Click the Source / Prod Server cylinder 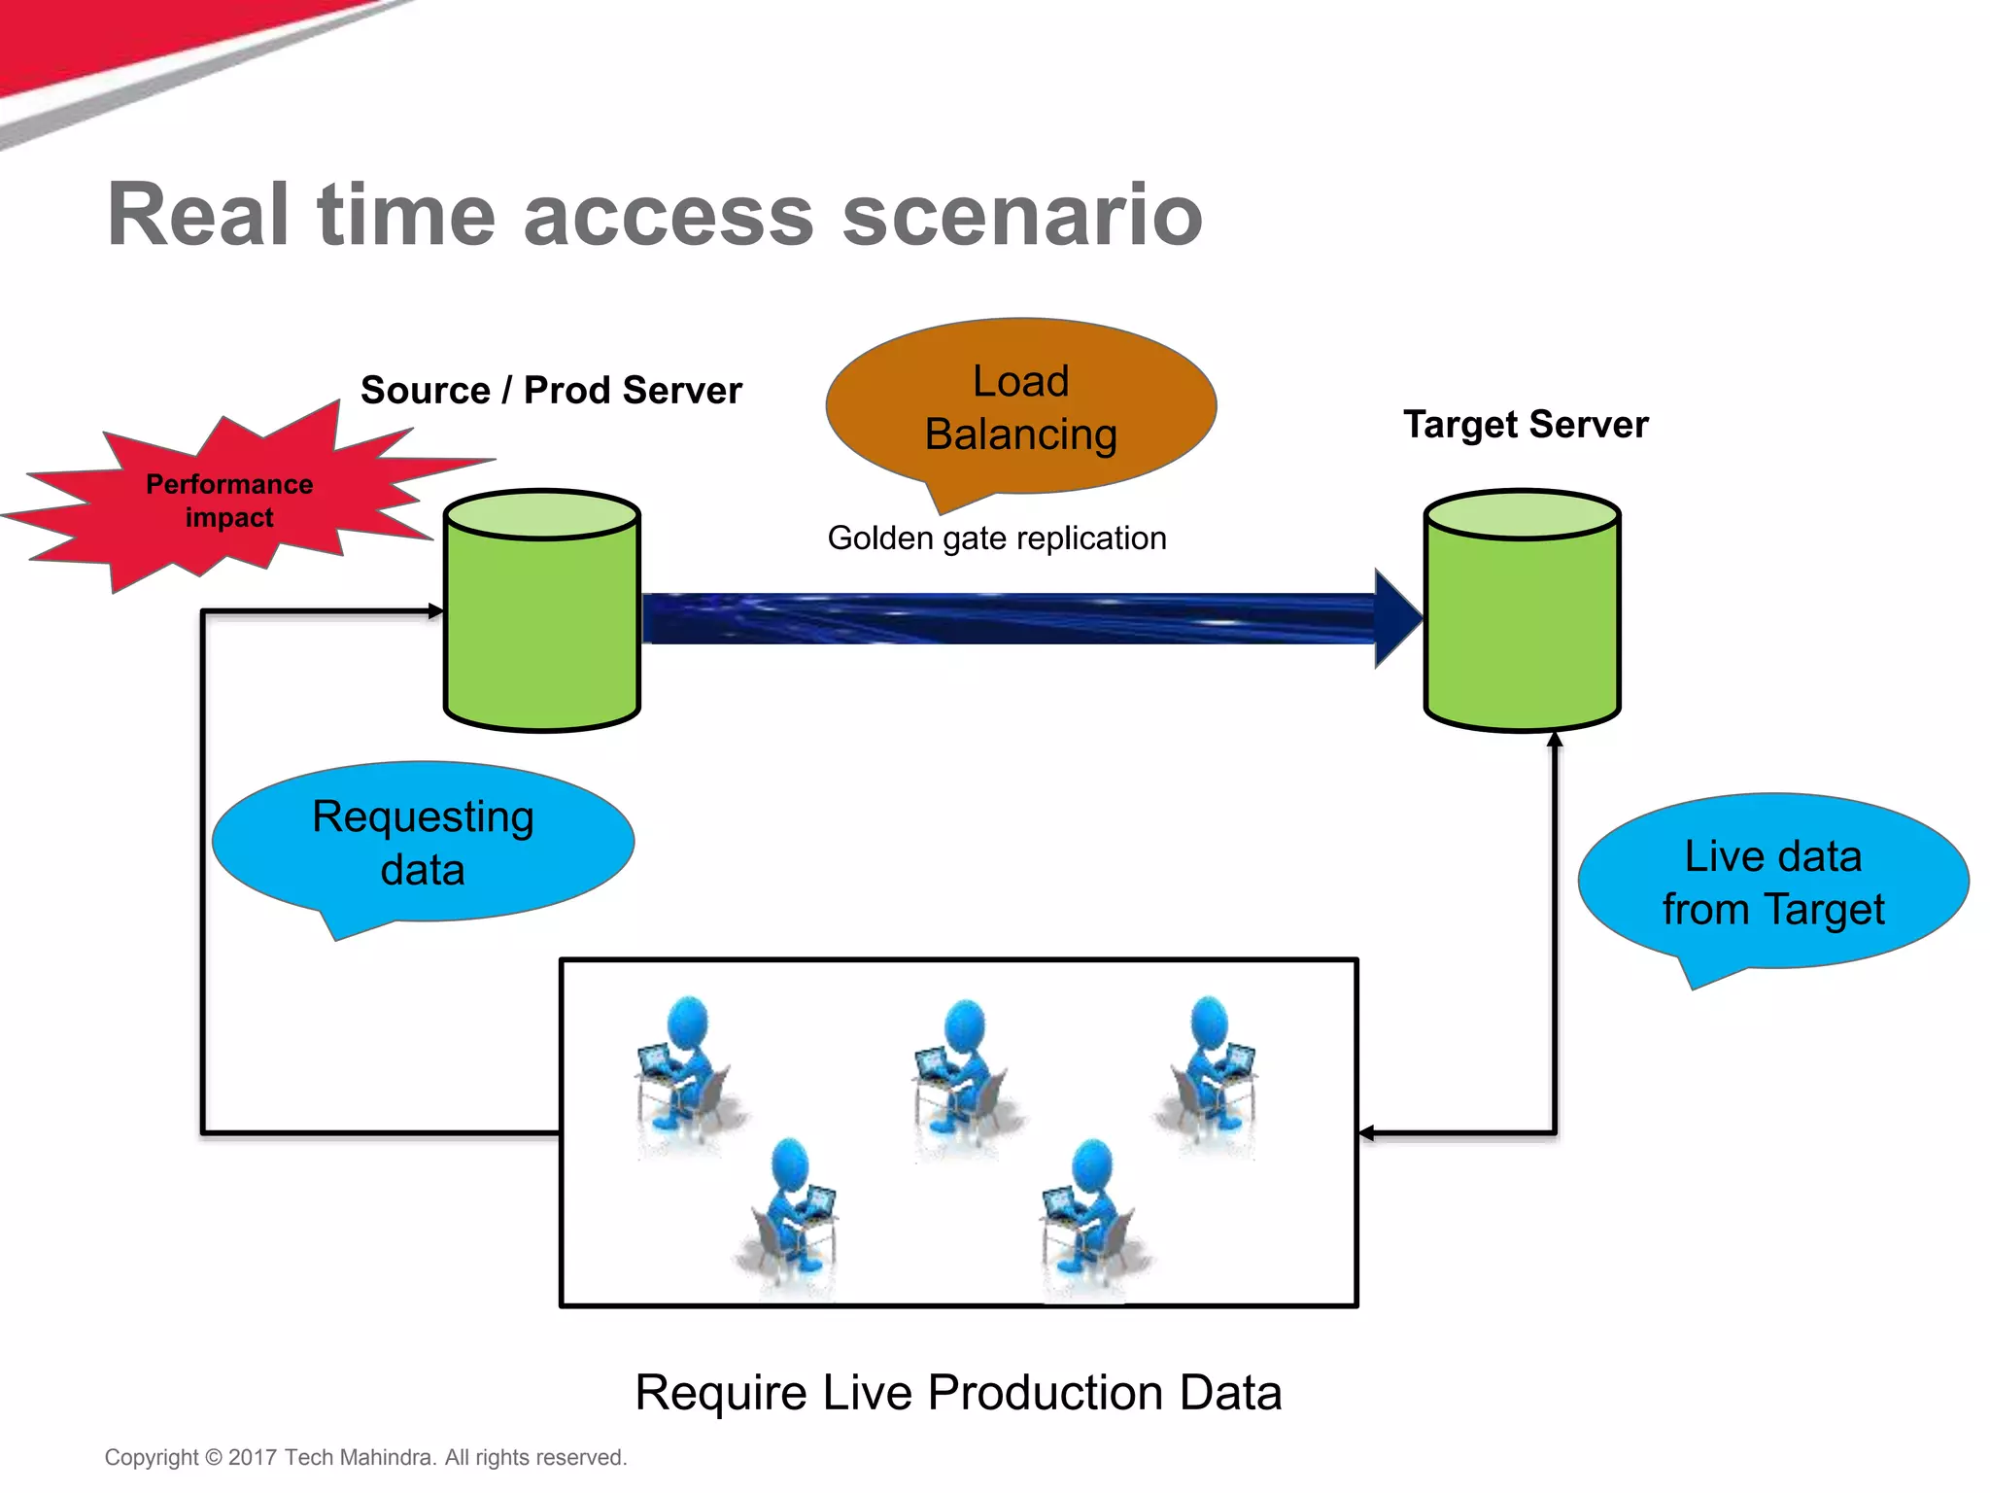pos(541,610)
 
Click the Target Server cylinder pos(1522,610)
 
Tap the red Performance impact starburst pos(229,500)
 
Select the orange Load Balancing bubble pos(1020,408)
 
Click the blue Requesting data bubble pos(423,842)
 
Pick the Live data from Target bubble pos(1773,883)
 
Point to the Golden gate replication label pos(997,538)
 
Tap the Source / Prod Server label pos(551,391)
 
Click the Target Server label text pos(1526,425)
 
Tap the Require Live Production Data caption pos(958,1393)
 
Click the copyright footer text pos(365,1457)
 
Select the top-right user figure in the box pos(1207,1072)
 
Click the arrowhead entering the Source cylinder pos(436,611)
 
